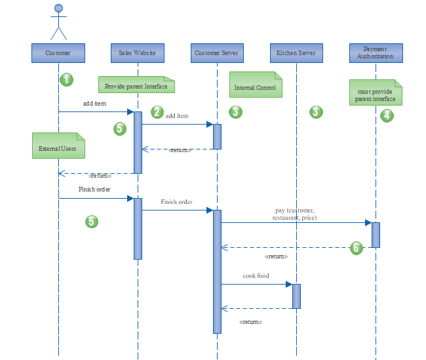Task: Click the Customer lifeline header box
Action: pyautogui.click(x=58, y=52)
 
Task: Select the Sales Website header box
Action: pyautogui.click(x=138, y=52)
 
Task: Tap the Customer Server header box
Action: pyautogui.click(x=217, y=52)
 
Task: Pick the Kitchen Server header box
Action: pyautogui.click(x=296, y=52)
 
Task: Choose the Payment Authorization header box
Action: pyautogui.click(x=376, y=52)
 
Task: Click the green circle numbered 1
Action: pyautogui.click(x=66, y=80)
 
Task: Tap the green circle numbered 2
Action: pyautogui.click(x=157, y=112)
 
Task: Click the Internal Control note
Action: pyautogui.click(x=256, y=85)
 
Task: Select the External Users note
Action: pyautogui.click(x=58, y=146)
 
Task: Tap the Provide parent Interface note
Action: pyautogui.click(x=136, y=85)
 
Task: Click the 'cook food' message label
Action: pyautogui.click(x=256, y=276)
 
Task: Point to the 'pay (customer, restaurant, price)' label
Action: pyautogui.click(x=295, y=214)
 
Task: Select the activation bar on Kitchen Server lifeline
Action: pyautogui.click(x=296, y=296)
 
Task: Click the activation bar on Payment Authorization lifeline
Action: pyautogui.click(x=376, y=235)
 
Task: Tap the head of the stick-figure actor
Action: pyautogui.click(x=58, y=9)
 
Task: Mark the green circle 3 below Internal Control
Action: pyautogui.click(x=236, y=112)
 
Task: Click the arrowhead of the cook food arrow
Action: pyautogui.click(x=288, y=284)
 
